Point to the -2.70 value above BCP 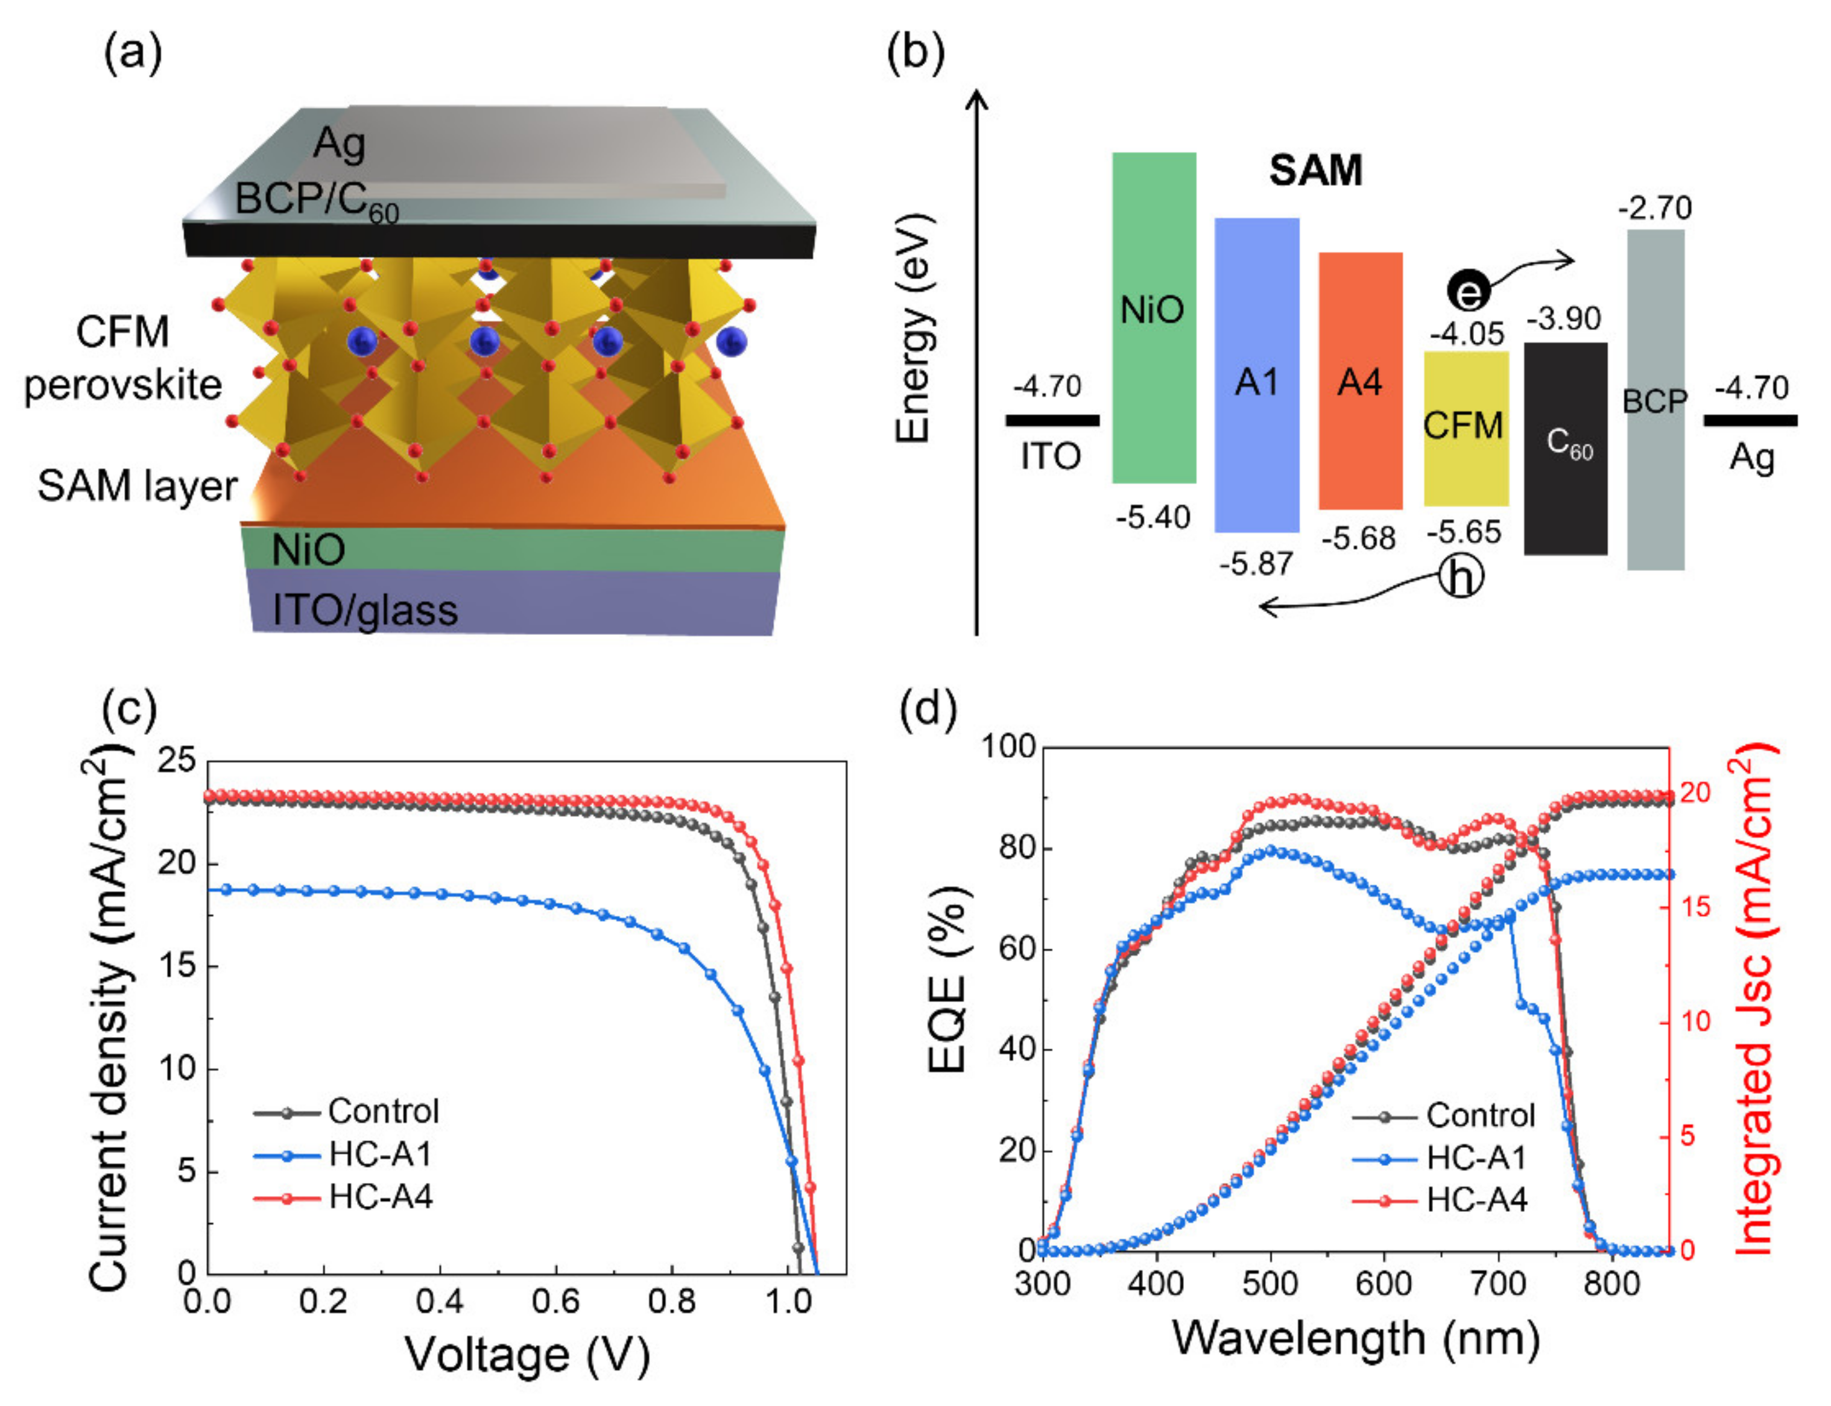(x=1654, y=207)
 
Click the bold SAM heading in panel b (x=1315, y=171)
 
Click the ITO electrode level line (x=1052, y=420)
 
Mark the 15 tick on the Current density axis (x=177, y=966)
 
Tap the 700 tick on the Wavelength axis (x=1497, y=1284)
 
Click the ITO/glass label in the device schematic (x=365, y=610)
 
